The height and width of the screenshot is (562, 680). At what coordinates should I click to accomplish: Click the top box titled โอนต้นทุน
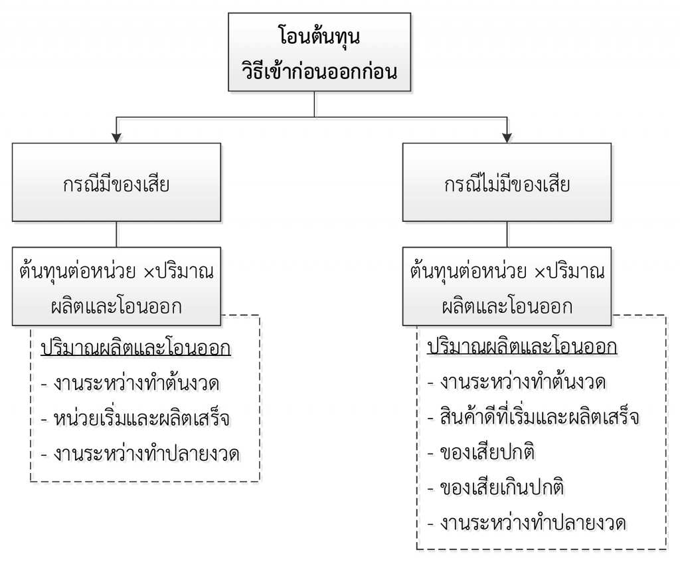pos(319,52)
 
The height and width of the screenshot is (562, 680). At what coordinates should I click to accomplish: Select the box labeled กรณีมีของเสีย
pos(116,182)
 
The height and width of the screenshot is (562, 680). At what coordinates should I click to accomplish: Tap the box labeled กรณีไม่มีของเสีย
pos(507,182)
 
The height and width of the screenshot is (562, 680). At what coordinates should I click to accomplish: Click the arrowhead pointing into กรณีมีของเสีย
pos(116,137)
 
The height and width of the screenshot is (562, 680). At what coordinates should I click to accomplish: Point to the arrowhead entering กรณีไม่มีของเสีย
pos(507,137)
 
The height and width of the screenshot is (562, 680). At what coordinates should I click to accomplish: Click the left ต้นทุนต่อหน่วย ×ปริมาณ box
pos(116,286)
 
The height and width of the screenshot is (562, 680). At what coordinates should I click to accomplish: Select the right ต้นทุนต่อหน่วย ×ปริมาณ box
pos(507,286)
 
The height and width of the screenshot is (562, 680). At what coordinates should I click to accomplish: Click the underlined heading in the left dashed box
pos(135,349)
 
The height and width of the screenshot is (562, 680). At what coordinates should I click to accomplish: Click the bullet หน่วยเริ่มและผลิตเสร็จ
pos(135,419)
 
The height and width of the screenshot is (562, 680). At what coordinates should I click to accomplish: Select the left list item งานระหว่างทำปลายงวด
pos(140,454)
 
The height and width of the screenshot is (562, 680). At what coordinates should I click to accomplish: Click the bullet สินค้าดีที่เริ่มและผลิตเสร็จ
pos(533,417)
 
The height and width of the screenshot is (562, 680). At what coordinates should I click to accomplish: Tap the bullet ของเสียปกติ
pos(481,452)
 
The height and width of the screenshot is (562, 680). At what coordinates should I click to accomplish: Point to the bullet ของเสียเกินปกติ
pos(495,488)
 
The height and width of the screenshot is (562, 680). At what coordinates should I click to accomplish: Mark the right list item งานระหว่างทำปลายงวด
pos(527,523)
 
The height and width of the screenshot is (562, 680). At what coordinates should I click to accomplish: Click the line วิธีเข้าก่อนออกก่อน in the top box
pos(319,70)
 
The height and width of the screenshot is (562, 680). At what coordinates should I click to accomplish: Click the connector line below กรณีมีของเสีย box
pos(116,234)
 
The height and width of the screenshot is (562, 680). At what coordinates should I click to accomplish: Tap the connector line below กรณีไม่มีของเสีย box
pos(507,234)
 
